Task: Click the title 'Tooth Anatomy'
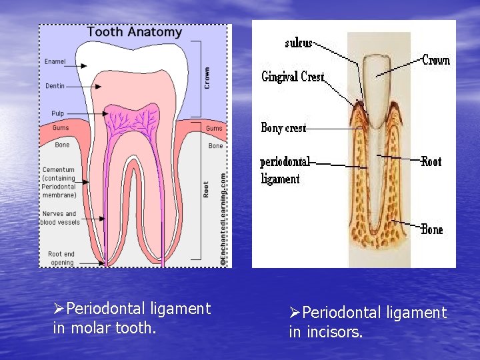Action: pyautogui.click(x=135, y=31)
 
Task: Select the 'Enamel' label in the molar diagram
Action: pyautogui.click(x=55, y=62)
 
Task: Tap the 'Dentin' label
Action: pyautogui.click(x=55, y=86)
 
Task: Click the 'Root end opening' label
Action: pyautogui.click(x=61, y=258)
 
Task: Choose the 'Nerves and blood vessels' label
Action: pyautogui.click(x=59, y=218)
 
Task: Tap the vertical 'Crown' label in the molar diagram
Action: pyautogui.click(x=207, y=77)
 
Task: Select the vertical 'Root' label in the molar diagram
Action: pyautogui.click(x=207, y=189)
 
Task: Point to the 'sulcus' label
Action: pyautogui.click(x=299, y=43)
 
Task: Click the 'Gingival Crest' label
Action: pyautogui.click(x=293, y=77)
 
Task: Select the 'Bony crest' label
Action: pyautogui.click(x=283, y=127)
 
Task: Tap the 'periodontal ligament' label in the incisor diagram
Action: pyautogui.click(x=285, y=170)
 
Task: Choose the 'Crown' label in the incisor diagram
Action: pyautogui.click(x=437, y=61)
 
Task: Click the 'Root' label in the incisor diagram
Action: pyautogui.click(x=431, y=161)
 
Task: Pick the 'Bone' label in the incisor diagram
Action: pyautogui.click(x=432, y=229)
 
